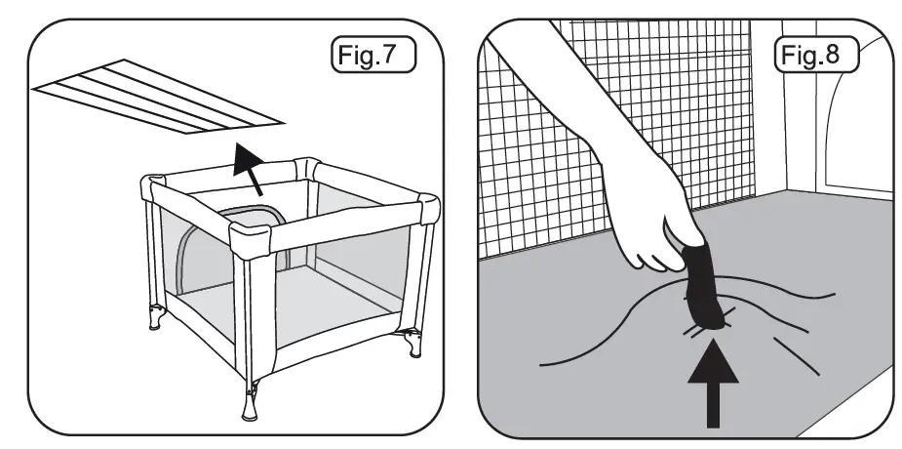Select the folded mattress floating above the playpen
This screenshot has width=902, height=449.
tap(156, 98)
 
